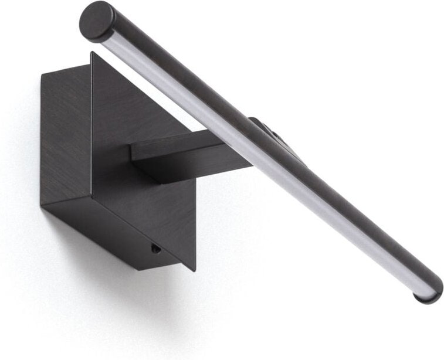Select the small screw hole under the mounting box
pos(154,249)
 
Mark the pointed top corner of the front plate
pos(92,53)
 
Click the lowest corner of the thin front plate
pos(194,270)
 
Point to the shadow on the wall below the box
pos(117,293)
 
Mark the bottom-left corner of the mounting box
pos(42,205)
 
